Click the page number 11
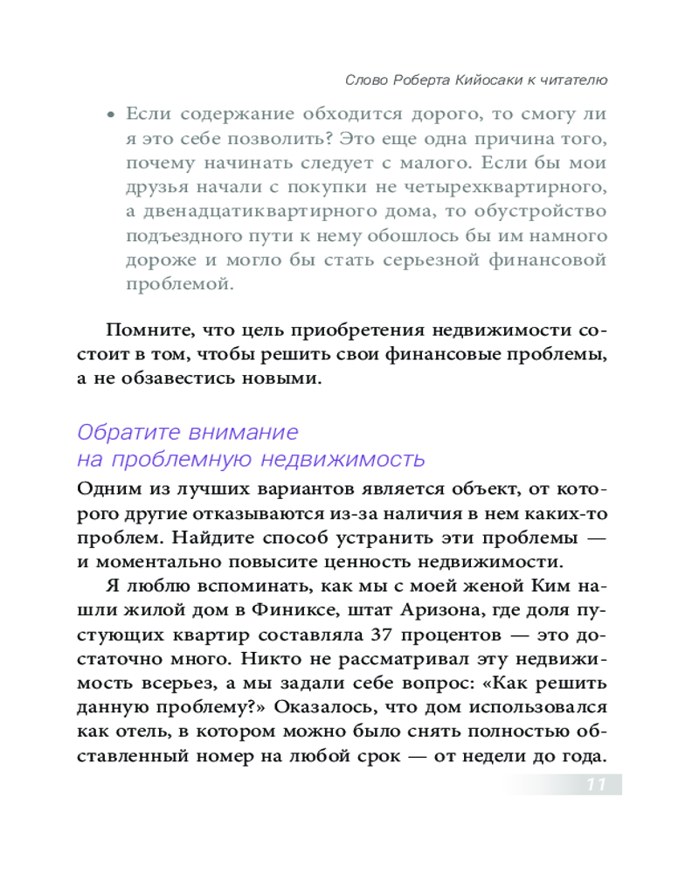[596, 783]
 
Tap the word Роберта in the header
[419, 80]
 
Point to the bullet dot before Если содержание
[110, 114]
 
